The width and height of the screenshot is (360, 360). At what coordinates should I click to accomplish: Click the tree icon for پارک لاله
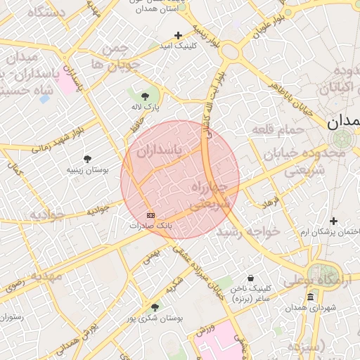pos(146,96)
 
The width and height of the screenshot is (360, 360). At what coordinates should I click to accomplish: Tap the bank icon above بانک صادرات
pos(150,214)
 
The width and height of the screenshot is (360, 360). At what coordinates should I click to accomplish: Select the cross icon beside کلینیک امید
pos(178,35)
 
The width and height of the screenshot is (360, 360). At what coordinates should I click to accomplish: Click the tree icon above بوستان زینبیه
pos(87,159)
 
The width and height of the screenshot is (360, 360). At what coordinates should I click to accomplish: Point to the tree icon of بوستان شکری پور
pos(155,307)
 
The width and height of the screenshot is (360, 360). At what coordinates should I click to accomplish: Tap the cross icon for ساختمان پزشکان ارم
pos(334,221)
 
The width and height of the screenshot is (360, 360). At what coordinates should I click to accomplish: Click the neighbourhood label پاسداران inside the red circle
pos(159,150)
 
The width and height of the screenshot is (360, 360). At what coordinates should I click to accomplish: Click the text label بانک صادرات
pos(150,226)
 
